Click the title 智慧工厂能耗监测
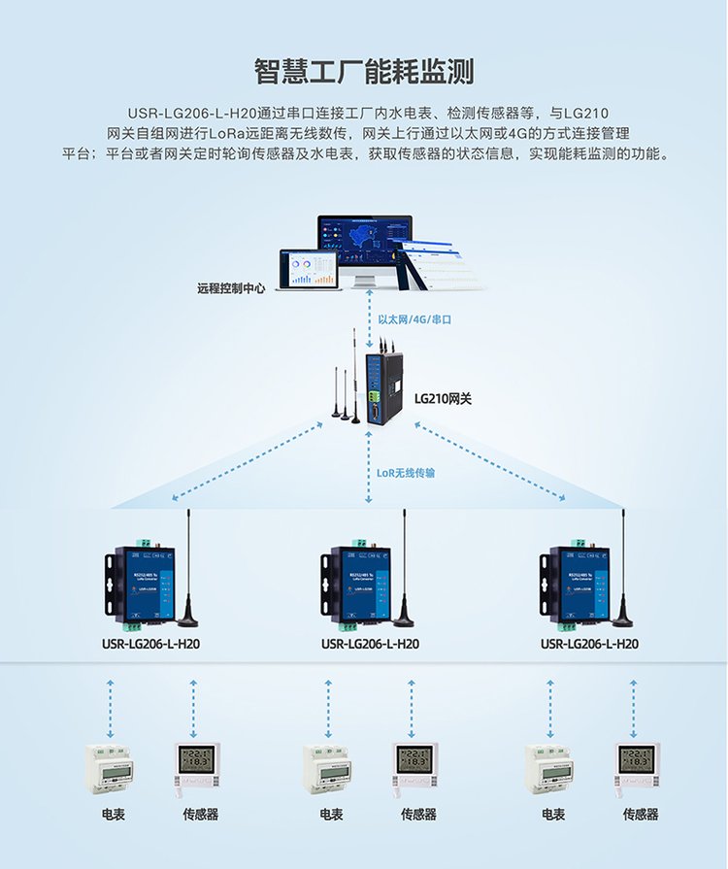[364, 73]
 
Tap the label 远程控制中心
[231, 288]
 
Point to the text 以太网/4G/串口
[415, 318]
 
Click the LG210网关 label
[443, 398]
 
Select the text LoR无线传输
[406, 474]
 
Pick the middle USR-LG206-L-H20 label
[370, 643]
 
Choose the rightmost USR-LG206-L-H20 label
[589, 643]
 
